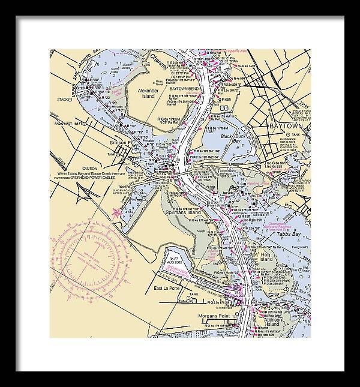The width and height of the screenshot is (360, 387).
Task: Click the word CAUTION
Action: click(x=90, y=169)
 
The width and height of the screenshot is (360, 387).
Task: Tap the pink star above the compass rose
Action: click(x=116, y=211)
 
